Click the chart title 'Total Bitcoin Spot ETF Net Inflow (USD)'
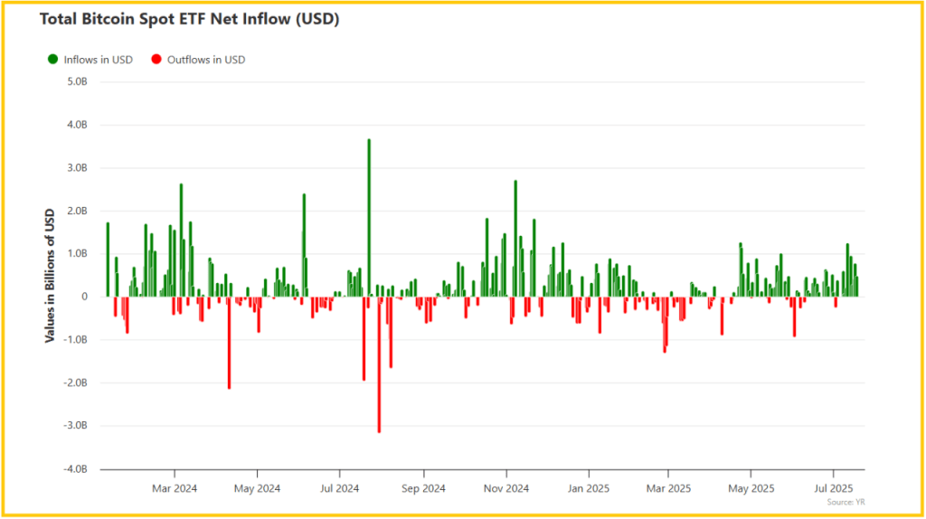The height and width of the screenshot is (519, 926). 190,19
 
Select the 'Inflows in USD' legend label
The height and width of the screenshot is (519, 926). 98,60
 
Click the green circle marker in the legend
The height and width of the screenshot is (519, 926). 52,60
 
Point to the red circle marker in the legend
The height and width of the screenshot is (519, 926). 156,60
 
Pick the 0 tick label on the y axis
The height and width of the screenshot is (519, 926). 85,297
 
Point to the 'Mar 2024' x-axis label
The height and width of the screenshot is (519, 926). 174,489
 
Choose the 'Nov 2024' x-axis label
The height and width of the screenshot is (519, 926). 506,489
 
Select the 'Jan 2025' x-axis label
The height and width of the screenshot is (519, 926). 588,489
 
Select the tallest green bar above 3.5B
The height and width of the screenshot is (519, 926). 369,217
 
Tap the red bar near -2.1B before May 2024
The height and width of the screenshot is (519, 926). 229,344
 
